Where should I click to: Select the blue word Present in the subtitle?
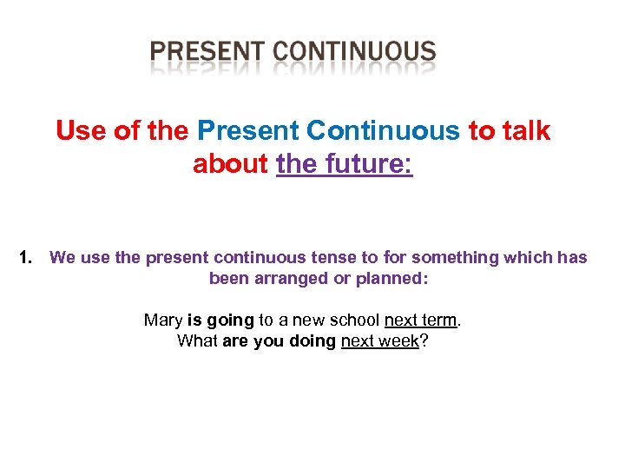tap(247, 131)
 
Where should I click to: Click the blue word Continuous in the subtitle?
tap(383, 131)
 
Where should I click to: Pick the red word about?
tap(230, 163)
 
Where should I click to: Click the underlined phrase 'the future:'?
tap(345, 163)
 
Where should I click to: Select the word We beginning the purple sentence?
tap(62, 258)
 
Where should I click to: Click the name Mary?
tap(162, 320)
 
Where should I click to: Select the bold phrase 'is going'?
tap(220, 320)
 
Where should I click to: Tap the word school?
tap(355, 320)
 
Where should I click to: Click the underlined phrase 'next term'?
tap(420, 320)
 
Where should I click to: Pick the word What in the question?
tap(197, 341)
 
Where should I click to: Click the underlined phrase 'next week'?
tap(380, 341)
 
